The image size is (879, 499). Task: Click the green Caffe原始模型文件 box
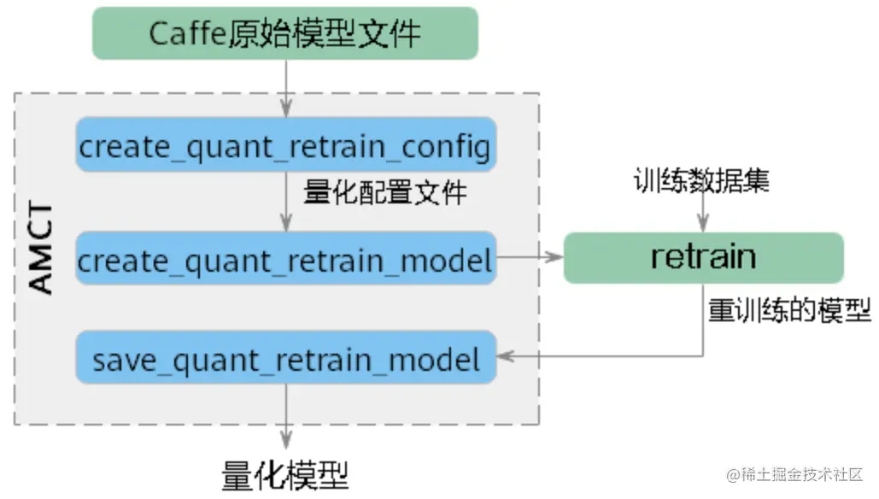284,33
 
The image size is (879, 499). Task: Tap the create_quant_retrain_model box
284,259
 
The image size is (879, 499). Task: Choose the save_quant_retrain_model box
284,359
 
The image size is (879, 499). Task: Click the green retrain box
703,257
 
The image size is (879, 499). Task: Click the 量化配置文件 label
385,192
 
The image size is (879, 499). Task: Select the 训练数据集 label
700,181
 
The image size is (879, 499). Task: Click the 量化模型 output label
284,475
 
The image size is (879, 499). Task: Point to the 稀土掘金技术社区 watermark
794,473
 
